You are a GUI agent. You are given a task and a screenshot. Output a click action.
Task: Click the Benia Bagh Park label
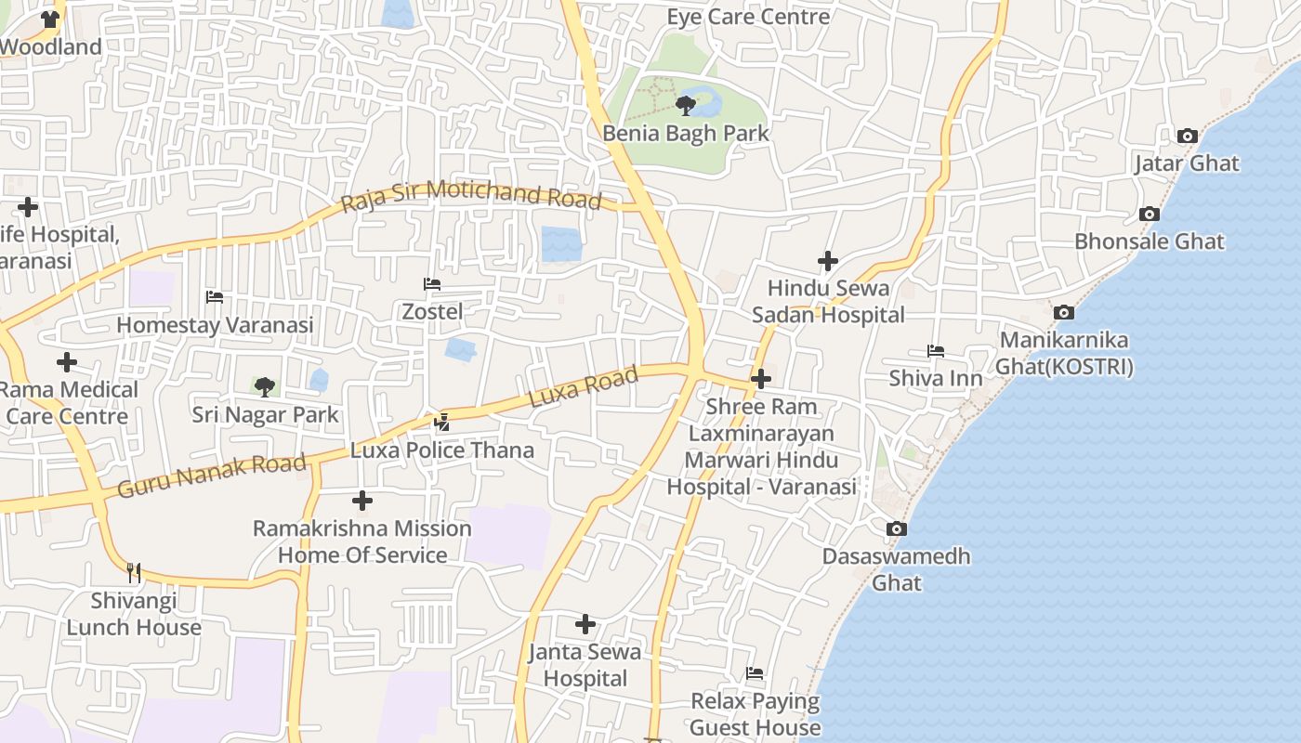pos(686,133)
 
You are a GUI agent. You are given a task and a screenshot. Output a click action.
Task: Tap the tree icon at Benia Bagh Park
pos(686,104)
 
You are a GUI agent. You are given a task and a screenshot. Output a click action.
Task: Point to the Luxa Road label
pos(584,385)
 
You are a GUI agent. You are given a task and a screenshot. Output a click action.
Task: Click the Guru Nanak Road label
pos(212,476)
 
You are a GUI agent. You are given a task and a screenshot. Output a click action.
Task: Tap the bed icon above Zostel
pos(431,284)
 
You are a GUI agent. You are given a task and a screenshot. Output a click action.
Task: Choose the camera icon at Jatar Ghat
pos(1187,137)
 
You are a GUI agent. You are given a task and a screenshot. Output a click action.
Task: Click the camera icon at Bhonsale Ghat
pos(1150,215)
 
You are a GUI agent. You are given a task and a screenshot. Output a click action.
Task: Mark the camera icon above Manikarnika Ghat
pos(1064,312)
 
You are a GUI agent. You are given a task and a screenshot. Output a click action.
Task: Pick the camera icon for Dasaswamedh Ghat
pos(896,529)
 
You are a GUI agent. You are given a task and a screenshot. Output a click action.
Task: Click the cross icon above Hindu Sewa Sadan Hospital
pos(828,261)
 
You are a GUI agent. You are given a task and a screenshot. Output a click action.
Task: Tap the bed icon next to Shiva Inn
pos(936,351)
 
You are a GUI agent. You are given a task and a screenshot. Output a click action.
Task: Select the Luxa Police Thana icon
pos(442,423)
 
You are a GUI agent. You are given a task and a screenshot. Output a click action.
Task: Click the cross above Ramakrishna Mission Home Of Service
pos(362,502)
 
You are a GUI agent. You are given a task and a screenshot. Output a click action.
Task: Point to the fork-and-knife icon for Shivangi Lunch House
pos(134,572)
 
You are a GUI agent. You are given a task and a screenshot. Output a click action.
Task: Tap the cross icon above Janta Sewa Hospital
pos(585,624)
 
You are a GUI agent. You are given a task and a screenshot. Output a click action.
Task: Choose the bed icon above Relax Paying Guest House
pos(755,673)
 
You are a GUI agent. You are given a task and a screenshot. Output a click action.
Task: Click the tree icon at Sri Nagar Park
pos(265,386)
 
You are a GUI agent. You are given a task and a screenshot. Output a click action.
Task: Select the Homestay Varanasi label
pos(215,325)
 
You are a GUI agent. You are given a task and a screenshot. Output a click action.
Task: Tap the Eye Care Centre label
pos(748,17)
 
